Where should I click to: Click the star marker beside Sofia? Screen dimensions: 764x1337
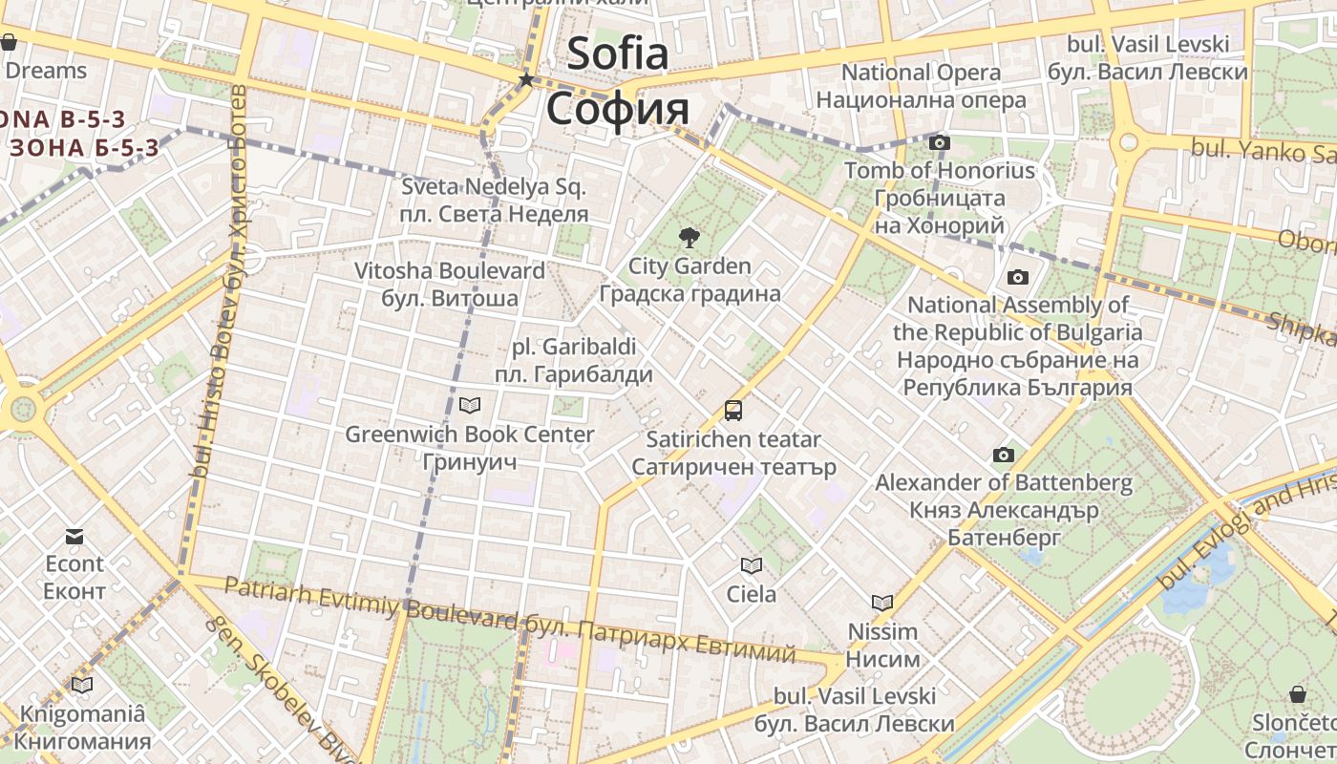(525, 80)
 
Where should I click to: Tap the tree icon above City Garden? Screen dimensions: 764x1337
(688, 238)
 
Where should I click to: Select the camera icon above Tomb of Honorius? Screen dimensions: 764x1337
(940, 143)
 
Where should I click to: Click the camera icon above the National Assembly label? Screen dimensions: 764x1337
(1018, 278)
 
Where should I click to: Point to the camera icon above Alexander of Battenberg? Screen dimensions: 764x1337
(1003, 455)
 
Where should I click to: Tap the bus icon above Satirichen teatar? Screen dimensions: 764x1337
(732, 411)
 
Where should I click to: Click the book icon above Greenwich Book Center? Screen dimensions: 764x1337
(469, 406)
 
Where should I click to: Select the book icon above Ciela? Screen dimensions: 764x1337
(752, 565)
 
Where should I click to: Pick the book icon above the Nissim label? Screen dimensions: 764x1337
(882, 603)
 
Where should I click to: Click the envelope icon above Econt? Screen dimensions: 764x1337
(74, 536)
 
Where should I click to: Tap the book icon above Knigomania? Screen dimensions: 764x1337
(82, 685)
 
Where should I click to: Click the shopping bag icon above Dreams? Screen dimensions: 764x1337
(9, 42)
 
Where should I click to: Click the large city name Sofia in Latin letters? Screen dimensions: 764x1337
(617, 53)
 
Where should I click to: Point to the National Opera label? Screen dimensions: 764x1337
(921, 73)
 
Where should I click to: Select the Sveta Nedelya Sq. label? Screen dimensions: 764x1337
(494, 186)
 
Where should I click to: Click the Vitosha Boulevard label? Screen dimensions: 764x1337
(450, 271)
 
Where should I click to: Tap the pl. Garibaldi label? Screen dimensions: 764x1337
(573, 347)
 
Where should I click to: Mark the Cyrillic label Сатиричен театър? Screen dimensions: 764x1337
(733, 467)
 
